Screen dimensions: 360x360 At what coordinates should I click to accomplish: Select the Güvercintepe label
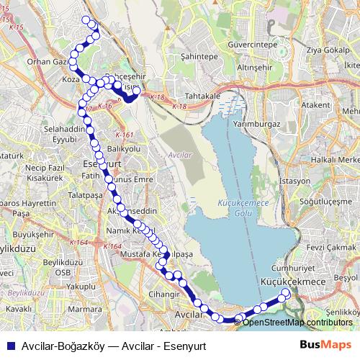[251, 45]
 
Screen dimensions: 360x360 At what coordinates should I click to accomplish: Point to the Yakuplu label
[81, 286]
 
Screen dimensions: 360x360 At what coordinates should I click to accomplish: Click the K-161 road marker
[124, 134]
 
